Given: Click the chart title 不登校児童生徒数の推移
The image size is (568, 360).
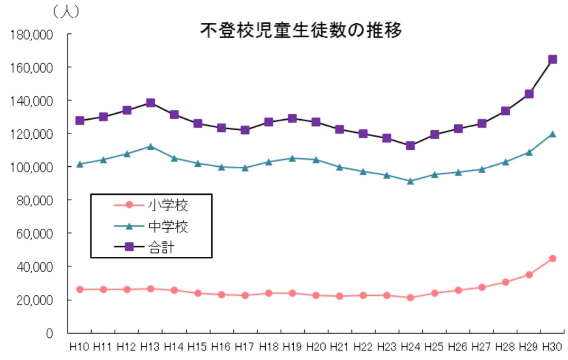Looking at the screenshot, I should pyautogui.click(x=301, y=31).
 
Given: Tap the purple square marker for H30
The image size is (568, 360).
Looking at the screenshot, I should pyautogui.click(x=552, y=59).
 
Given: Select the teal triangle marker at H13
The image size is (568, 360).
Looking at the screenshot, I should pyautogui.click(x=150, y=146).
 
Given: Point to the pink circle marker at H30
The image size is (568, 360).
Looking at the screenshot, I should pyautogui.click(x=552, y=258).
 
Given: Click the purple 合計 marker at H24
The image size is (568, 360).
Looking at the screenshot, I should pyautogui.click(x=410, y=145).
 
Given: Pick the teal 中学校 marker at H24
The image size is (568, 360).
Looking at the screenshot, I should pyautogui.click(x=410, y=181).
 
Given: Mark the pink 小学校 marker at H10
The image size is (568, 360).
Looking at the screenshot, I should pyautogui.click(x=79, y=289).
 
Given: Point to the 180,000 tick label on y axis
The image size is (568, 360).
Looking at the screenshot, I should pyautogui.click(x=32, y=35).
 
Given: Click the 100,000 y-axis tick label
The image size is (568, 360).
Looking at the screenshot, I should pyautogui.click(x=32, y=167).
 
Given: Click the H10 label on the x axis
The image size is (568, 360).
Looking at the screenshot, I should pyautogui.click(x=79, y=347).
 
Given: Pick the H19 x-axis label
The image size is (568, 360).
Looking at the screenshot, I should pyautogui.click(x=292, y=347).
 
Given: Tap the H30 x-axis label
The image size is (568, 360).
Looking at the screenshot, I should pyautogui.click(x=552, y=347).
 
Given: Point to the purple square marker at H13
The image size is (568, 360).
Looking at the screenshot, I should pyautogui.click(x=150, y=103).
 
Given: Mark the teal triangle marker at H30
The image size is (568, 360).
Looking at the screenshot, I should pyautogui.click(x=552, y=134).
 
